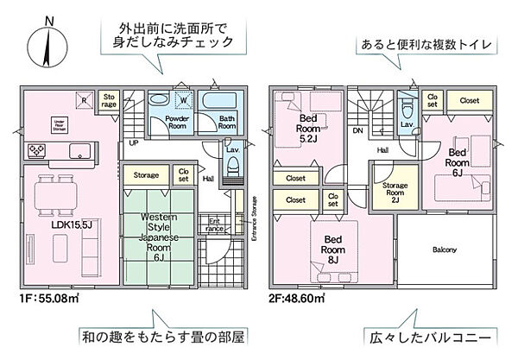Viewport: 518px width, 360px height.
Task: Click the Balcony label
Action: [445, 250]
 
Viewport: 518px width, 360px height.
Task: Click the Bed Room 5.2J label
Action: [310, 129]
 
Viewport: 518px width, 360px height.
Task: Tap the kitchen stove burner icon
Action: [38, 151]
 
